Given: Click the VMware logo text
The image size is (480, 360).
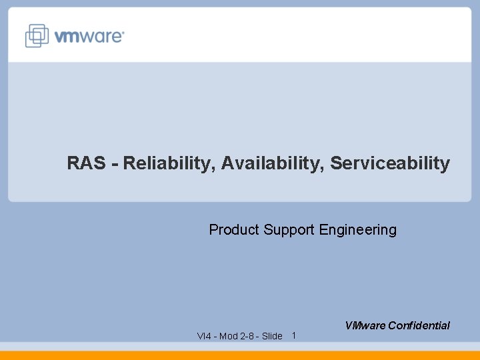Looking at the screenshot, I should click(x=89, y=36).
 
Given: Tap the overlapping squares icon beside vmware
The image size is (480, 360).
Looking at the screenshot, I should click(x=37, y=35).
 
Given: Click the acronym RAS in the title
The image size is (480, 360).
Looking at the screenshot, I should click(x=87, y=163).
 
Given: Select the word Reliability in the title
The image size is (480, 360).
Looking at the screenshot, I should click(x=165, y=163).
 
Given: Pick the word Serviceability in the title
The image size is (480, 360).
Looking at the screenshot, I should click(x=390, y=163).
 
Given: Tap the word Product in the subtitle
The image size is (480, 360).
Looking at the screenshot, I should click(x=234, y=230).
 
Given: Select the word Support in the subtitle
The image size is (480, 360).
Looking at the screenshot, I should click(x=289, y=231).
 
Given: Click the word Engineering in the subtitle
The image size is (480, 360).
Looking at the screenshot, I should click(x=358, y=231).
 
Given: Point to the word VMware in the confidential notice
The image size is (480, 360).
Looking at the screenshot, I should click(x=365, y=326).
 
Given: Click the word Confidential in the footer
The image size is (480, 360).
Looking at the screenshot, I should click(x=419, y=326).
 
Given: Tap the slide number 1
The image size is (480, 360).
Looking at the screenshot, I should click(x=294, y=335).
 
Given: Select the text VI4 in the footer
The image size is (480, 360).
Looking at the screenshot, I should click(x=204, y=336).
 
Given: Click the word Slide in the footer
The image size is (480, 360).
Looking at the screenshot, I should click(x=272, y=336).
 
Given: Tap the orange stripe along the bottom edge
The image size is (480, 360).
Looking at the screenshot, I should click(x=240, y=355).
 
